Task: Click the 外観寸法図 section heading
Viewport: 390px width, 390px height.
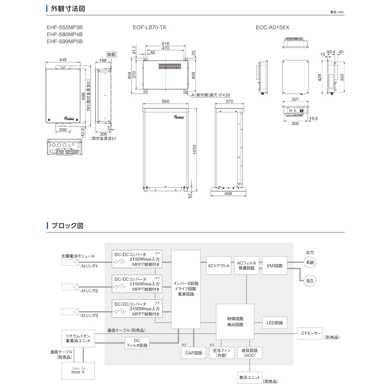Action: (68, 8)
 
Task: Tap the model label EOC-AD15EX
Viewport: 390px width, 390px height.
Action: (272, 28)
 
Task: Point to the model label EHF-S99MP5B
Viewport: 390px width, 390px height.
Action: (65, 41)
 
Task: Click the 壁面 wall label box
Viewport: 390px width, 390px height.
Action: (111, 55)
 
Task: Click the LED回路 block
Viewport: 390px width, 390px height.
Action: (275, 323)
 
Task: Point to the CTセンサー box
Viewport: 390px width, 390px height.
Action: (310, 333)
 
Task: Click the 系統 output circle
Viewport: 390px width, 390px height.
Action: (310, 262)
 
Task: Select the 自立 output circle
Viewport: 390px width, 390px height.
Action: (310, 280)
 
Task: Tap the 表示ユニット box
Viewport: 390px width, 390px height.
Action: (249, 378)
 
